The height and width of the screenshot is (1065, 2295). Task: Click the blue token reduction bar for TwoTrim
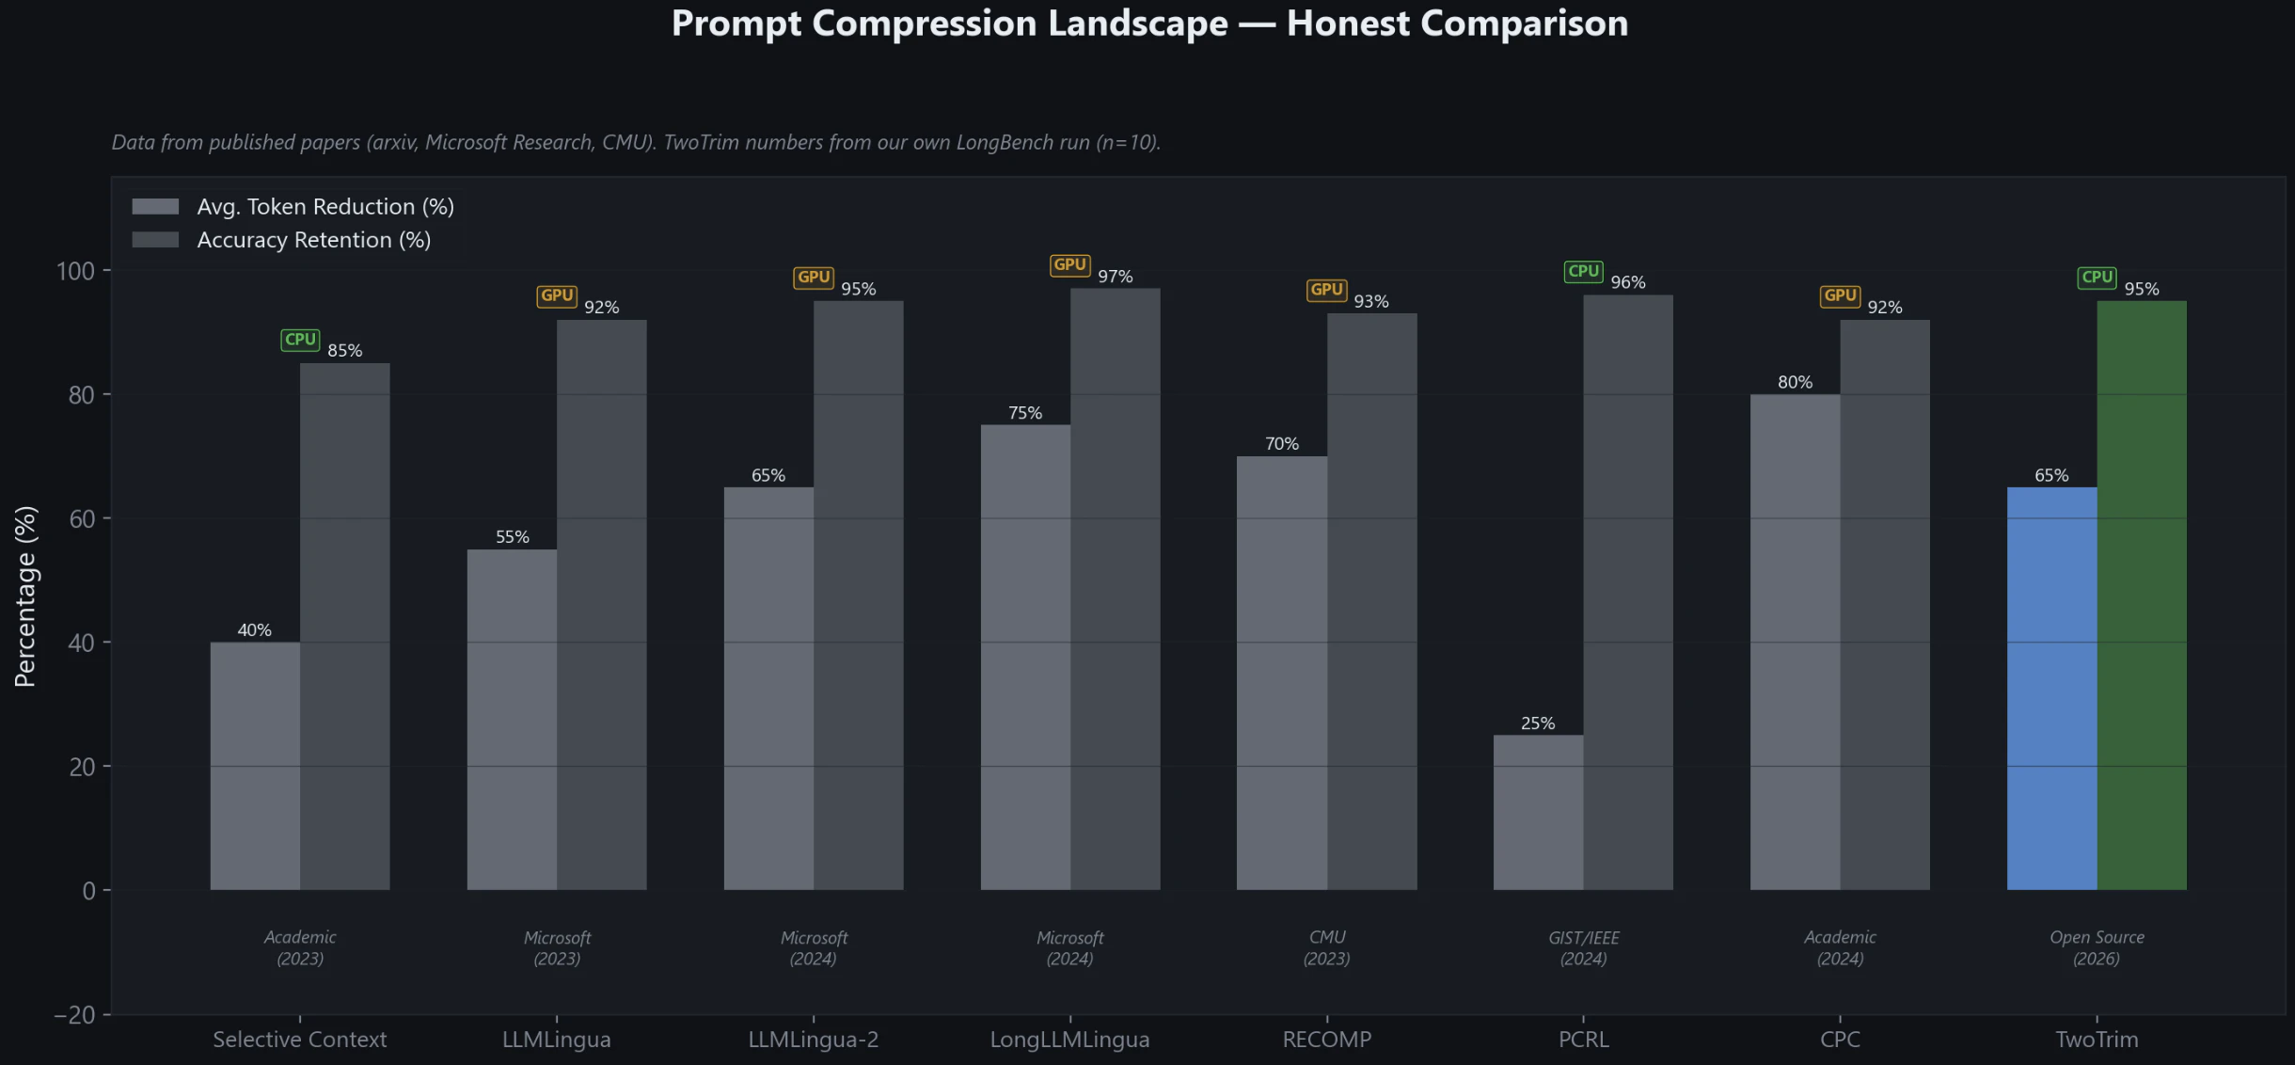(x=2051, y=688)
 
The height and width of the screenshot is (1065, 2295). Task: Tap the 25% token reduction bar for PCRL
(x=1538, y=812)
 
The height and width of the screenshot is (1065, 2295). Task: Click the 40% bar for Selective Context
(x=255, y=766)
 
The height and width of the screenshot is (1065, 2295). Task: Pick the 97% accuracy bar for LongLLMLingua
(x=1115, y=588)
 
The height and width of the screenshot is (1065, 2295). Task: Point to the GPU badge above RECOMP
(x=1326, y=290)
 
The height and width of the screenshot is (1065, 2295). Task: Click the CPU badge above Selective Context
(x=300, y=340)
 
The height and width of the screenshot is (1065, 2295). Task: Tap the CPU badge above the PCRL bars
(x=1583, y=272)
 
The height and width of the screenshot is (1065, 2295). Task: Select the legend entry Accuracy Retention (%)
(x=313, y=240)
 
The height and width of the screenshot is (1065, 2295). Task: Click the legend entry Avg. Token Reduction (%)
(x=324, y=207)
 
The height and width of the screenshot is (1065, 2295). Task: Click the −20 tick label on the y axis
(x=74, y=1015)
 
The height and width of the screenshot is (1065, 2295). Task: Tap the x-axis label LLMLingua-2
(x=813, y=1040)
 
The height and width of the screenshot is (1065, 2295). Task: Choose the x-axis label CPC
(x=1840, y=1040)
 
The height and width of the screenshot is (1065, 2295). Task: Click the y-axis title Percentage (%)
(x=25, y=596)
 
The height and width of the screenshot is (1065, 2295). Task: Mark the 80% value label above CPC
(x=1795, y=382)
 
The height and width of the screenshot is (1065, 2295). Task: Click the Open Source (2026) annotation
(x=2097, y=947)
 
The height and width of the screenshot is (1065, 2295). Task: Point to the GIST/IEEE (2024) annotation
(x=1583, y=947)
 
